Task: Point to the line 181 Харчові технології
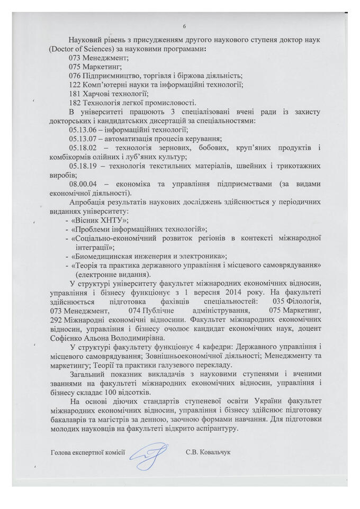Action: tap(103, 93)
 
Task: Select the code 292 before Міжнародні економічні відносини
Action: tap(55, 320)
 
